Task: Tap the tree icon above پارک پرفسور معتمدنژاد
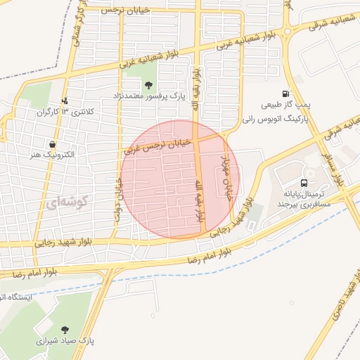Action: point(146,85)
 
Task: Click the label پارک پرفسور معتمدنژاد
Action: point(148,95)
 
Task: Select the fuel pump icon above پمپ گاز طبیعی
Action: point(285,94)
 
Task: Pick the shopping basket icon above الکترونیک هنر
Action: point(53,144)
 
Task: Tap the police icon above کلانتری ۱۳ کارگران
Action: point(65,101)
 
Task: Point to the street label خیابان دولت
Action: point(117,196)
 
